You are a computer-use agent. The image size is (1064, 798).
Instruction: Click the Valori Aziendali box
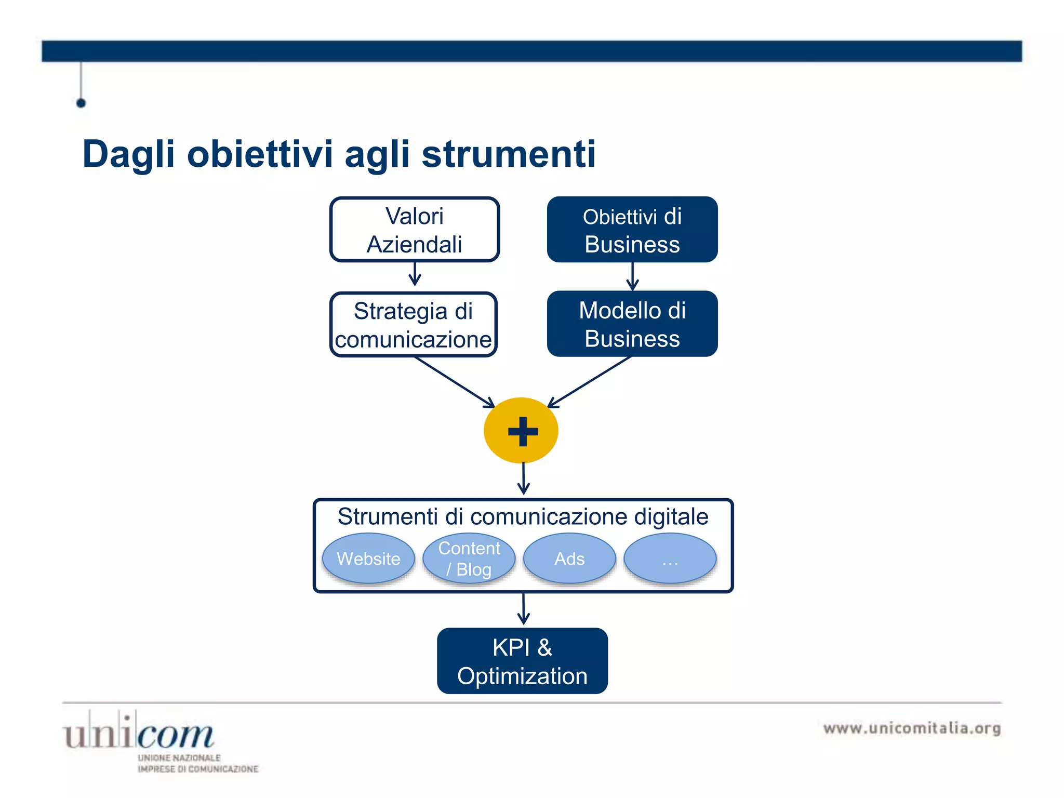coord(414,230)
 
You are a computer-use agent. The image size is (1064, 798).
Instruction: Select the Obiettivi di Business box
coord(632,230)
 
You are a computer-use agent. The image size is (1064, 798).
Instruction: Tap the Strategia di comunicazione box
coord(413,325)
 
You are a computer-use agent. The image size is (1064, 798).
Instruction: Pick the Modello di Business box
coord(632,324)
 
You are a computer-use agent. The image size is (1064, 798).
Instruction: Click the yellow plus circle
coord(521,431)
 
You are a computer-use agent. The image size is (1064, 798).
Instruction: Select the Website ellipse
coord(368,558)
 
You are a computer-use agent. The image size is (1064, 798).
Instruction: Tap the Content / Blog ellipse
coord(469,558)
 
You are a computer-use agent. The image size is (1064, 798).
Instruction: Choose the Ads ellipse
coord(569,558)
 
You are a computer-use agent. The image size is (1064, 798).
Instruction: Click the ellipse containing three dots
coord(670,558)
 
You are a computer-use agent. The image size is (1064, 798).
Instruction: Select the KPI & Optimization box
coord(522,661)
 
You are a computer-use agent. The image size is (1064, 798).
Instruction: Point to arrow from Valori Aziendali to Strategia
coord(415,274)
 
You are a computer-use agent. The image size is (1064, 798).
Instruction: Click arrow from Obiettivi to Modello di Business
coord(632,276)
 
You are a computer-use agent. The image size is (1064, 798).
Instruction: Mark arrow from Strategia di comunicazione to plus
coord(455,382)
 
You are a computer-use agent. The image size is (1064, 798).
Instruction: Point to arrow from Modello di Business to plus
coord(590,382)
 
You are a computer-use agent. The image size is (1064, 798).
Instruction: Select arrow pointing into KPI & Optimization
coord(523,609)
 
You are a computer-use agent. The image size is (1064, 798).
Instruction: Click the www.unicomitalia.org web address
coord(912,728)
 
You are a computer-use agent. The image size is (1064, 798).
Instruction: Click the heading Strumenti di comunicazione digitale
coord(523,516)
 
